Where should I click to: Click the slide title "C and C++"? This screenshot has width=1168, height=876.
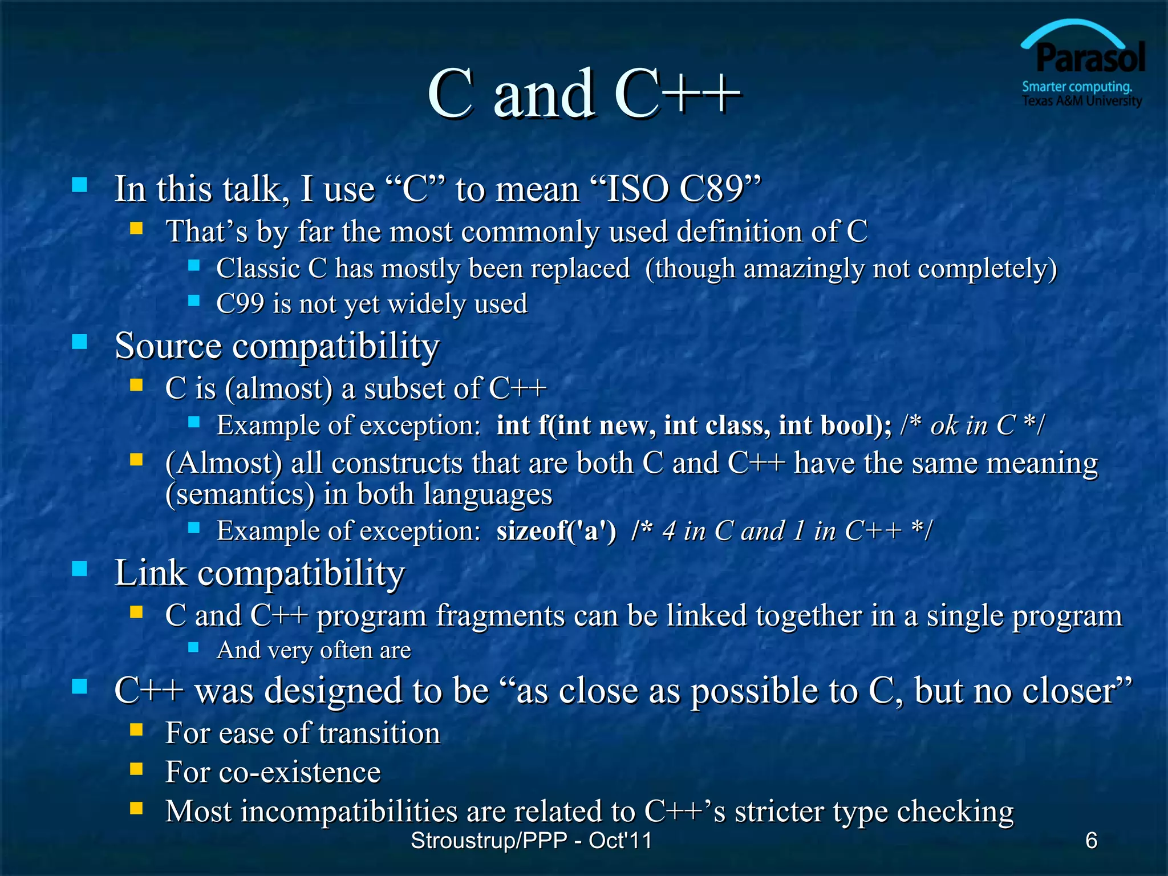tap(584, 94)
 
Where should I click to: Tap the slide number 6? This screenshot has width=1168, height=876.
tap(1091, 840)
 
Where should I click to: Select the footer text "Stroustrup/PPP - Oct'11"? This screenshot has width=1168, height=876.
tap(531, 841)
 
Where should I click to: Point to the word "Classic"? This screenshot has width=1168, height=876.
tap(258, 269)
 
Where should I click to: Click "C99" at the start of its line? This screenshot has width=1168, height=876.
tap(240, 304)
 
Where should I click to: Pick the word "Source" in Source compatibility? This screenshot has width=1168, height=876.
tap(168, 346)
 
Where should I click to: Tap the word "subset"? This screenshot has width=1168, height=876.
tap(404, 389)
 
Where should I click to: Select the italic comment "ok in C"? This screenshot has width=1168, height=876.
tap(973, 425)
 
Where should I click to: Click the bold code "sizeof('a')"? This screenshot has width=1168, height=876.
tap(556, 531)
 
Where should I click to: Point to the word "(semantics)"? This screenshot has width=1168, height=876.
tap(240, 494)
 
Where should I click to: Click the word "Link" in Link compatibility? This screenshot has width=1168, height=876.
tap(150, 573)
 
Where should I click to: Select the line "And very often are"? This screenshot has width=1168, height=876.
tap(314, 650)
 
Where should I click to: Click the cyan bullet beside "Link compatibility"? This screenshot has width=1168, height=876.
tap(80, 569)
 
